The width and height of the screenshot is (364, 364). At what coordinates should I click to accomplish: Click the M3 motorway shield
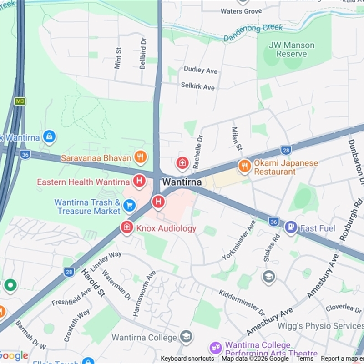click(20, 101)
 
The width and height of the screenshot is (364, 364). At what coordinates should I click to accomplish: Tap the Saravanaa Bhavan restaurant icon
click(141, 157)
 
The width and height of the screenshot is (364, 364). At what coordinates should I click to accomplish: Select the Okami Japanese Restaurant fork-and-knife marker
click(245, 166)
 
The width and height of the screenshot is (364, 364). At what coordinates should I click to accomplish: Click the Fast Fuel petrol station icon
click(291, 227)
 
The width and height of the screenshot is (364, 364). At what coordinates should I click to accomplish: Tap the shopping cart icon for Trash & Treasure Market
click(129, 206)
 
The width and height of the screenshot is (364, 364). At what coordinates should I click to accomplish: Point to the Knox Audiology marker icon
click(127, 227)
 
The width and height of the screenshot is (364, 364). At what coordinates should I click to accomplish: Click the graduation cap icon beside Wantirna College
click(186, 337)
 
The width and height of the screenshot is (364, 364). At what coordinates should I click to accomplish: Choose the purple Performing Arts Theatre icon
click(216, 348)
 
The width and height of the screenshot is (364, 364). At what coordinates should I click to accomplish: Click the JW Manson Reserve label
click(292, 49)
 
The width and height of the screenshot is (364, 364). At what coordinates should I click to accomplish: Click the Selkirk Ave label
click(197, 86)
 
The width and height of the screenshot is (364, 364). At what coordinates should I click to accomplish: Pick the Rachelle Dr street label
click(199, 152)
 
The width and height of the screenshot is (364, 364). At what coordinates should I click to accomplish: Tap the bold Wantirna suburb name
click(182, 182)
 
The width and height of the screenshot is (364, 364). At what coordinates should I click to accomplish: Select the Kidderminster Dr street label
click(242, 302)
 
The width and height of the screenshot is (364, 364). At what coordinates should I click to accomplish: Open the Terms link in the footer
click(305, 359)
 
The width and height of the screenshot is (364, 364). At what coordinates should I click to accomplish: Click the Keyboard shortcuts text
click(187, 359)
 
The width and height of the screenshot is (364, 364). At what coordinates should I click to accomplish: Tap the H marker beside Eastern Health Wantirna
click(139, 182)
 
